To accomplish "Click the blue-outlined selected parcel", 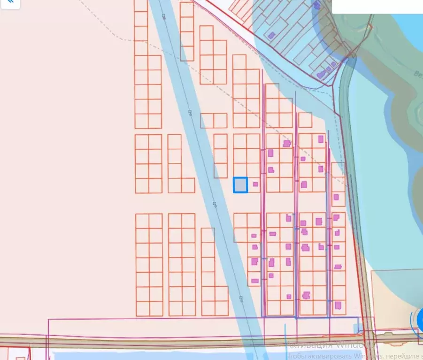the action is (x=240, y=185).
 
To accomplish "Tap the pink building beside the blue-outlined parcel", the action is (x=255, y=184).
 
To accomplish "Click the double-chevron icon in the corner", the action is (x=9, y=3).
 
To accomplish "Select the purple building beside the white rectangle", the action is (x=317, y=5).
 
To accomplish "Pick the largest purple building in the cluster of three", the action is (x=322, y=74).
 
